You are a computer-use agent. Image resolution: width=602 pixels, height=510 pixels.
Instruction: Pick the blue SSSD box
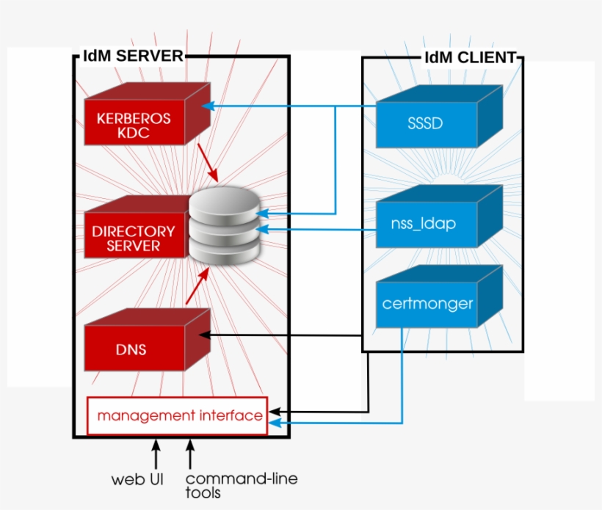(x=426, y=123)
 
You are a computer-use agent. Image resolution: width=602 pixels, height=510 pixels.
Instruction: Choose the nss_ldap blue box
(x=426, y=224)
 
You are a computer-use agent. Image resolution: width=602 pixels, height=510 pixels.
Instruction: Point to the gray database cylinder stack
(x=224, y=224)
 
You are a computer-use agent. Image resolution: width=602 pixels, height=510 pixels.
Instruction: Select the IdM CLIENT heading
(x=470, y=58)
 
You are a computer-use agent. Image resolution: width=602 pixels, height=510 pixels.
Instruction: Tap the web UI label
(x=137, y=480)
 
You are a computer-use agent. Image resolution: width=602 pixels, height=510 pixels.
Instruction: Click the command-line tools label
(x=241, y=485)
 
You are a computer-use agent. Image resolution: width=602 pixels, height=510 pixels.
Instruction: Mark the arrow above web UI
(x=156, y=453)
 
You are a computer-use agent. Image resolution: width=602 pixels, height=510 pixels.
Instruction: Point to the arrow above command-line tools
(x=190, y=453)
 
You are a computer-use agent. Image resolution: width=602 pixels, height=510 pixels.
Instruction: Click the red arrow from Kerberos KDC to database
(x=209, y=165)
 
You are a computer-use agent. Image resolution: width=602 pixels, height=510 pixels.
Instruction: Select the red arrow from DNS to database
(x=197, y=286)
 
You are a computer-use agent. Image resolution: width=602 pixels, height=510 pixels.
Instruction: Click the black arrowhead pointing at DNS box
(x=205, y=335)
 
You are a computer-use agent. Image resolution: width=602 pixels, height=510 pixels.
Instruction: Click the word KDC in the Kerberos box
(x=133, y=133)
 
